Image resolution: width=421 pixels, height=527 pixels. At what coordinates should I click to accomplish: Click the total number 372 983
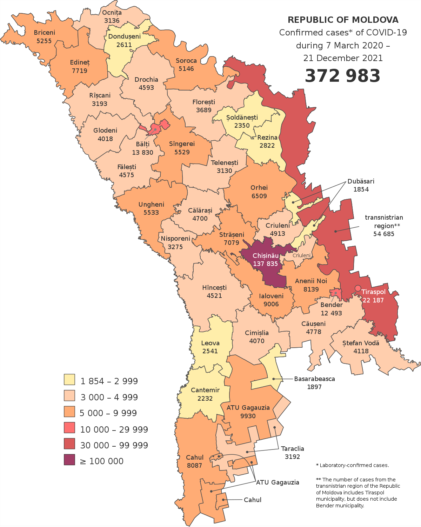pyautogui.click(x=342, y=76)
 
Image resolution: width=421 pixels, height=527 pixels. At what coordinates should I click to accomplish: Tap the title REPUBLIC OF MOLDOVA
pyautogui.click(x=343, y=20)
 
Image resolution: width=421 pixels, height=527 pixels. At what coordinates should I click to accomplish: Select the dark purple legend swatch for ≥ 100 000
pyautogui.click(x=69, y=460)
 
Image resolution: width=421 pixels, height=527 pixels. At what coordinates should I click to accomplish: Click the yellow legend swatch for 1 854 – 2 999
pyautogui.click(x=69, y=380)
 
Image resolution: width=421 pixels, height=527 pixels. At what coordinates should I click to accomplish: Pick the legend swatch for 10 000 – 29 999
pyautogui.click(x=69, y=428)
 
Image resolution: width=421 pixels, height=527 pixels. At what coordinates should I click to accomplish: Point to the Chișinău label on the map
pyautogui.click(x=266, y=256)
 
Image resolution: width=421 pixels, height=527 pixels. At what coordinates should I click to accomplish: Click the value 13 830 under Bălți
pyautogui.click(x=142, y=152)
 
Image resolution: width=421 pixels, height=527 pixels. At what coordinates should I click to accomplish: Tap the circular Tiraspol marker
pyautogui.click(x=357, y=288)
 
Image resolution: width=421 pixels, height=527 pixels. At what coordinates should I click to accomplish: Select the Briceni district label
pyautogui.click(x=45, y=33)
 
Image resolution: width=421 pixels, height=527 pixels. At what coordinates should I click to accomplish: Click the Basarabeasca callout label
pyautogui.click(x=314, y=379)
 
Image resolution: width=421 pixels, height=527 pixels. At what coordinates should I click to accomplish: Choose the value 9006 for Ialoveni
pyautogui.click(x=271, y=304)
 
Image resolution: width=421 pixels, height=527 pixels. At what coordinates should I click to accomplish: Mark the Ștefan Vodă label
pyautogui.click(x=361, y=343)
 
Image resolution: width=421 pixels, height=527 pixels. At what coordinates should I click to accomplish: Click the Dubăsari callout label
pyautogui.click(x=361, y=181)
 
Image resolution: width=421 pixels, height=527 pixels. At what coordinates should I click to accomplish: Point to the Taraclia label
pyautogui.click(x=292, y=449)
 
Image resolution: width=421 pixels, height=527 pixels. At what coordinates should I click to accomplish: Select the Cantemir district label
pyautogui.click(x=205, y=390)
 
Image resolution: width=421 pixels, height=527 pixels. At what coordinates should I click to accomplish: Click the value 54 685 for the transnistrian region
pyautogui.click(x=383, y=234)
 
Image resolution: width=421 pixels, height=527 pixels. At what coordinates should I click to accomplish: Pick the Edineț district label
pyautogui.click(x=80, y=62)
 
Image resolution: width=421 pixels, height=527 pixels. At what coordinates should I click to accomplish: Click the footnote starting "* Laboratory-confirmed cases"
pyautogui.click(x=353, y=465)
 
